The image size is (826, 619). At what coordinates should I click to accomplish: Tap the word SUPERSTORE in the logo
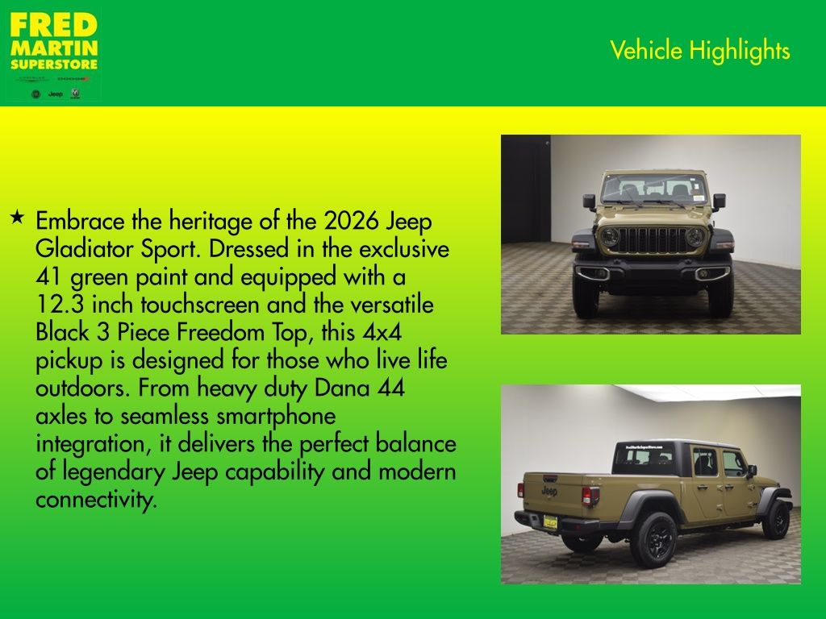54,64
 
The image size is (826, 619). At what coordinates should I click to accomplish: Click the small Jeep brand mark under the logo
55,94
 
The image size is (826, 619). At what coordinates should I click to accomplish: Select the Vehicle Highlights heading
699,51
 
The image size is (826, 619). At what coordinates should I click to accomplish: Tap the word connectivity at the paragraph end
95,500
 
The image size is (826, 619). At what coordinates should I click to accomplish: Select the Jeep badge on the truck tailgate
549,491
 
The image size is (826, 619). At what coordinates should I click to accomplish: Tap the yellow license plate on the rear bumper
550,521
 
